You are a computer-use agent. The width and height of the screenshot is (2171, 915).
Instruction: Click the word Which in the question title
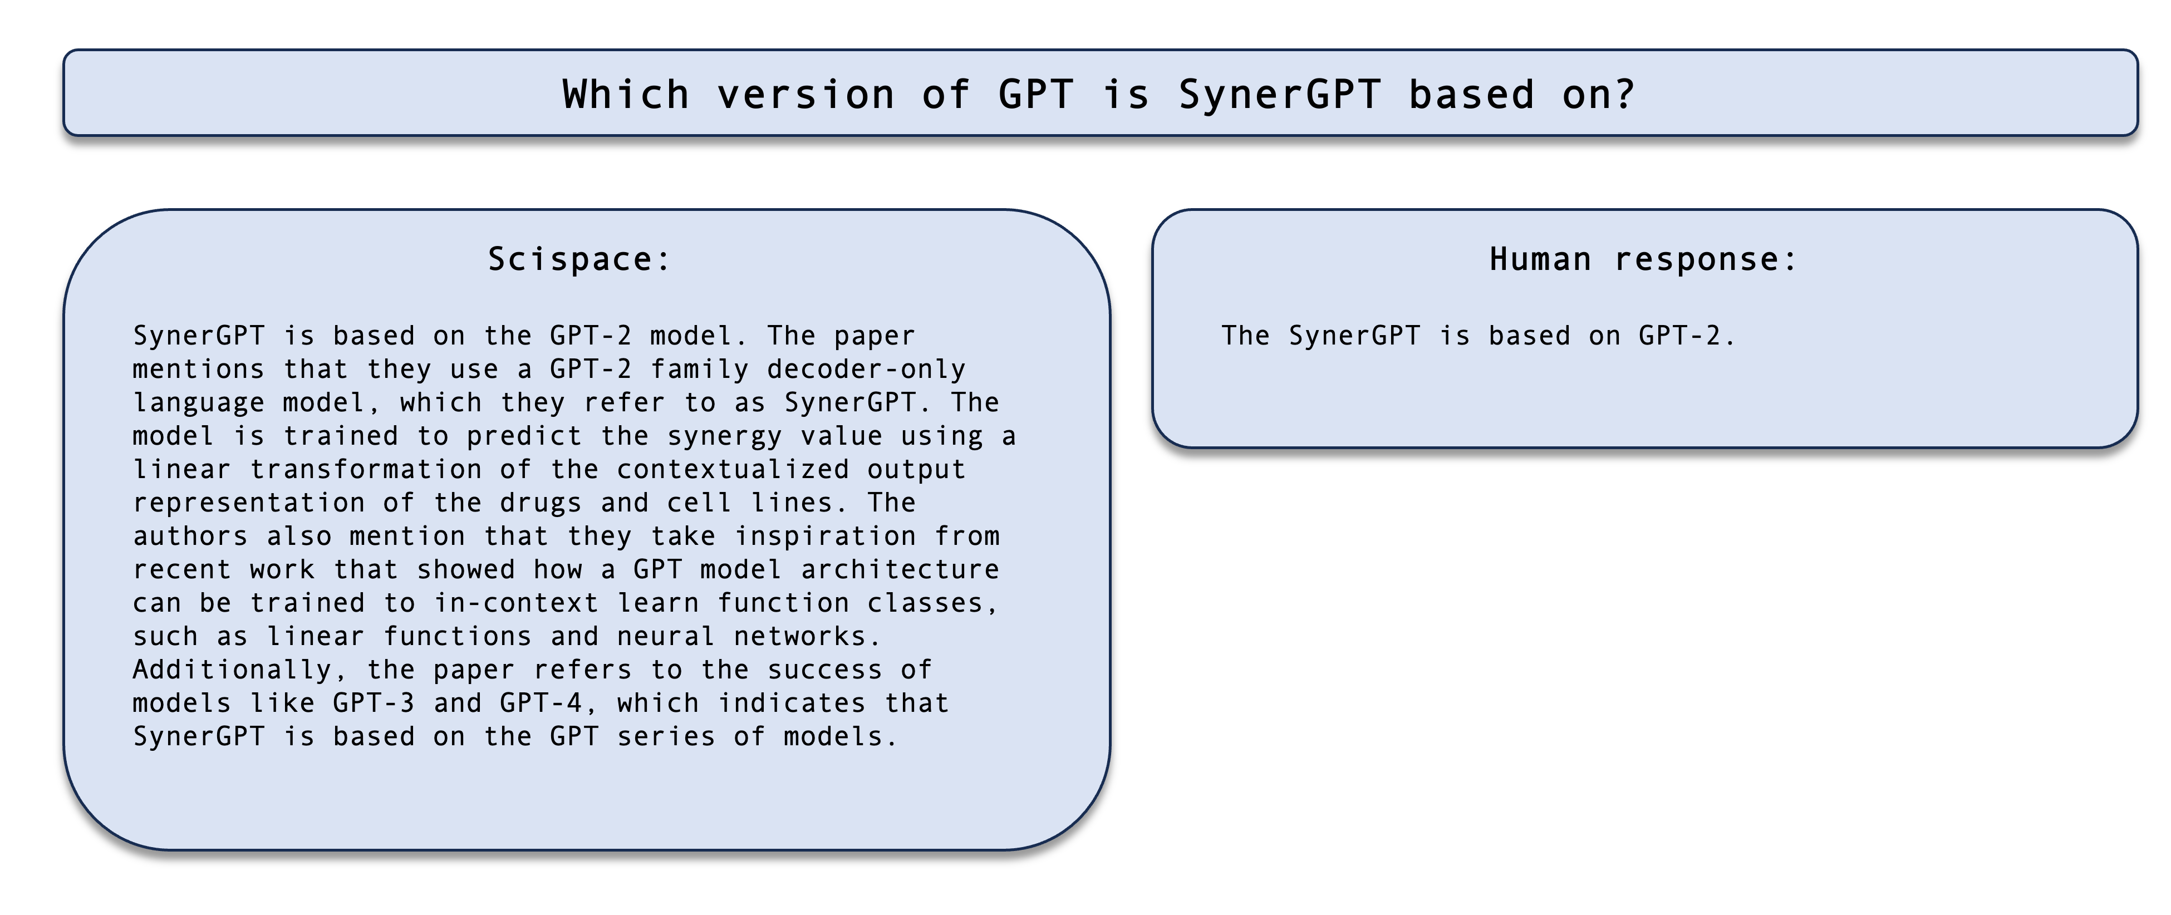(x=626, y=95)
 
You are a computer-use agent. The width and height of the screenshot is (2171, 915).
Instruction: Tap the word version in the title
(x=805, y=95)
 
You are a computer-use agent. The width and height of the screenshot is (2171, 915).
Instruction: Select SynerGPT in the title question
(x=1279, y=95)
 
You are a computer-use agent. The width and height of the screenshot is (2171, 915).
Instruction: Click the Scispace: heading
(x=579, y=259)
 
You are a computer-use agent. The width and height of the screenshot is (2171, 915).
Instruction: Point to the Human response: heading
(x=1643, y=259)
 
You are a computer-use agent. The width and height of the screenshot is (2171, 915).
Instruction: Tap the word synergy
(x=726, y=436)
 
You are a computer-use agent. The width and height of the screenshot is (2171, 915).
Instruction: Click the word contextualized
(x=733, y=469)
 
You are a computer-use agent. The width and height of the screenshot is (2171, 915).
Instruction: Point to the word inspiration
(x=825, y=537)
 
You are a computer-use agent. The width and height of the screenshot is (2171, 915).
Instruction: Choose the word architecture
(x=900, y=569)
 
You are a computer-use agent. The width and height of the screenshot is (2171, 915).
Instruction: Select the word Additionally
(x=233, y=670)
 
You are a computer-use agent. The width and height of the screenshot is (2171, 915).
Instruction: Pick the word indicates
(x=792, y=704)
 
